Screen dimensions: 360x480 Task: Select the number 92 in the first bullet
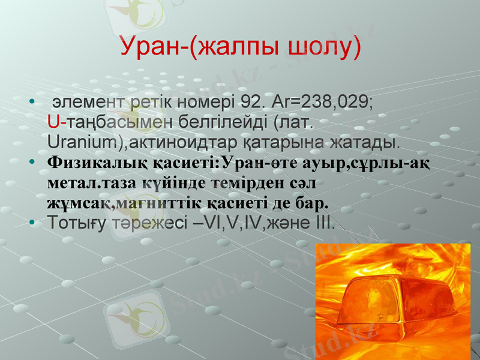click(x=250, y=101)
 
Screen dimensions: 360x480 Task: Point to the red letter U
click(x=52, y=122)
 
